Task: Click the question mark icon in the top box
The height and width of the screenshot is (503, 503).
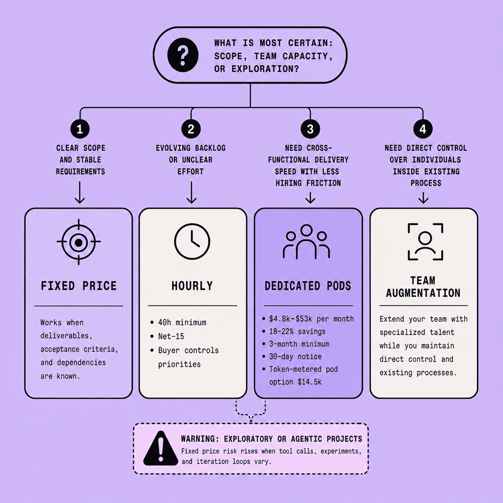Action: (183, 55)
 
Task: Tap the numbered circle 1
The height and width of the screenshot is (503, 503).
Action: (80, 129)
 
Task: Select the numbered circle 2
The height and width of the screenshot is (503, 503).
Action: (191, 129)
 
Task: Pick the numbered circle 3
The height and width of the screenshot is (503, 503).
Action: (310, 129)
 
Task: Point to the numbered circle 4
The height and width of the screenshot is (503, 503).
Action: (423, 129)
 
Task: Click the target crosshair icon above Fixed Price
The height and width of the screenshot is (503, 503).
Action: (79, 242)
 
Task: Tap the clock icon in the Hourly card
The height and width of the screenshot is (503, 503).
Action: (192, 241)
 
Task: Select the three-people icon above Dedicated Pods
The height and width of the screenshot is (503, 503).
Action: (307, 242)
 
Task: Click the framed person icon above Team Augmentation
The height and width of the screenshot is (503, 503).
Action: (425, 242)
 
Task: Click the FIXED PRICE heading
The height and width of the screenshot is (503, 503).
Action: (79, 286)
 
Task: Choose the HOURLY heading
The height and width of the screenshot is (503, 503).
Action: (192, 286)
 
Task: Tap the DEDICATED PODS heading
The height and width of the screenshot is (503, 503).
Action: (308, 286)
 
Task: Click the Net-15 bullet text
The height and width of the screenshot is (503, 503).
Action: (171, 336)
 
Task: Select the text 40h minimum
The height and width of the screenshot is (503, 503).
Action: (182, 322)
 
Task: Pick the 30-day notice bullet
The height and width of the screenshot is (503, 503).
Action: (295, 357)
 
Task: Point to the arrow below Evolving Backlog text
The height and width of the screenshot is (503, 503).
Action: (192, 193)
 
